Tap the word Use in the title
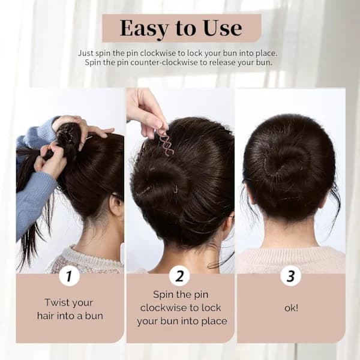(223, 28)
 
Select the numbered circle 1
(70, 276)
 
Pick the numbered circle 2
(179, 276)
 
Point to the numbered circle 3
(290, 276)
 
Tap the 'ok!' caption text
(291, 308)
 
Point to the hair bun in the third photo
(287, 164)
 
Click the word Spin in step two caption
(161, 295)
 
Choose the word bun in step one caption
(94, 316)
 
